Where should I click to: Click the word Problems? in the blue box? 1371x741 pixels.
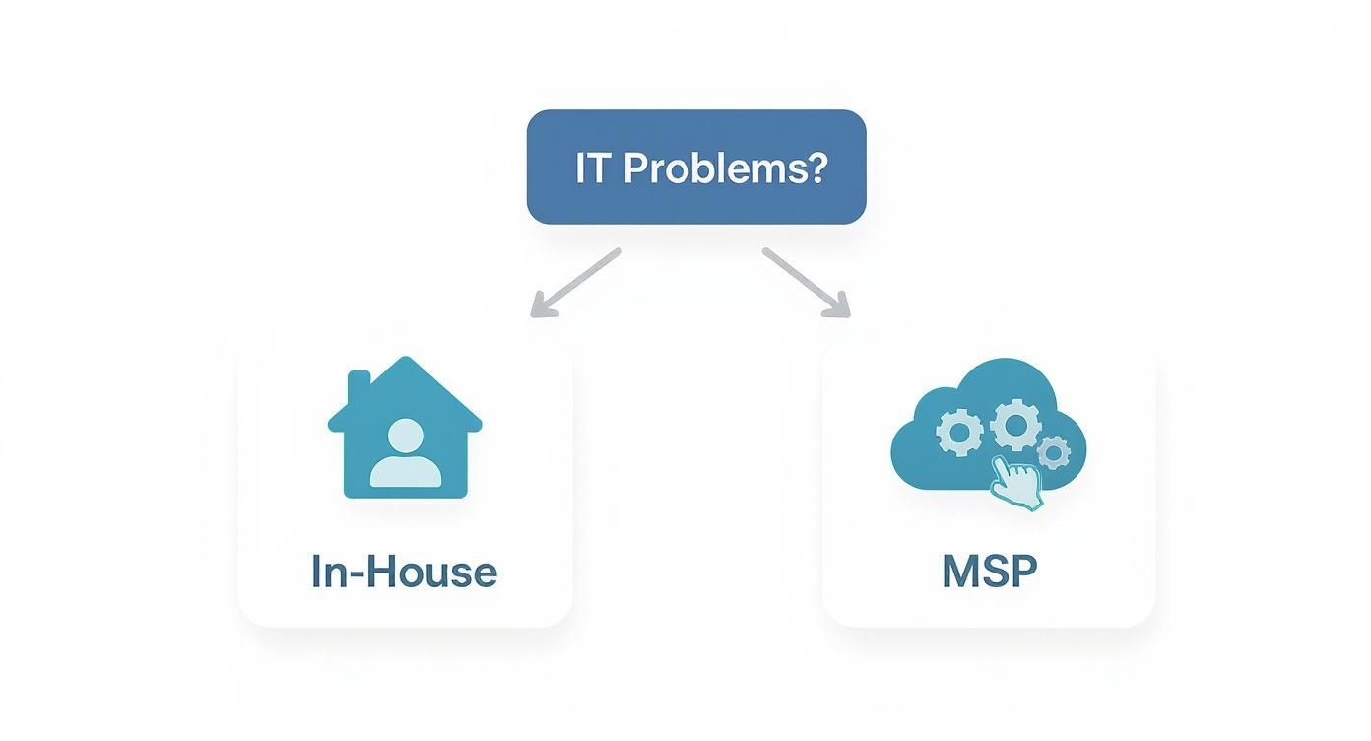click(725, 168)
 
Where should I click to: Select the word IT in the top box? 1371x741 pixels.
click(591, 168)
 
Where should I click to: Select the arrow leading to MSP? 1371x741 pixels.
click(805, 283)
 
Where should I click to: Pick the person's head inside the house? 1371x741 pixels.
click(405, 435)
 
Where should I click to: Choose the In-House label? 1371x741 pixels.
click(404, 572)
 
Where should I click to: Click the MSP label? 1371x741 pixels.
click(989, 572)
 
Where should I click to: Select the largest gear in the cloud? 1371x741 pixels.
click(1014, 425)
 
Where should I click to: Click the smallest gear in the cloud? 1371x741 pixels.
click(1054, 452)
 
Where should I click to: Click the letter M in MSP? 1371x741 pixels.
click(960, 572)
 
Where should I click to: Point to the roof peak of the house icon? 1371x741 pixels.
click(405, 361)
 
